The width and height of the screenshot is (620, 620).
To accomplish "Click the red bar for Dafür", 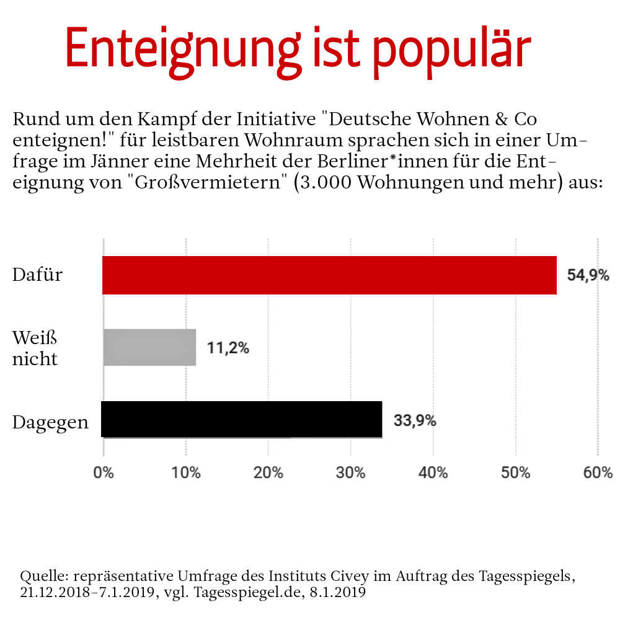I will click(329, 275).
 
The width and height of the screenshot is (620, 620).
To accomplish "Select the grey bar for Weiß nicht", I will click(149, 347).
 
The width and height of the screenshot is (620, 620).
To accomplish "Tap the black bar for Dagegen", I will click(242, 419).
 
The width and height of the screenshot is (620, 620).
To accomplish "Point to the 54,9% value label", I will click(588, 275).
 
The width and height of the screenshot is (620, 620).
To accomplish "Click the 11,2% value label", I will click(228, 348).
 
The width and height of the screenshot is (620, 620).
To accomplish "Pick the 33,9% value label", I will click(415, 420).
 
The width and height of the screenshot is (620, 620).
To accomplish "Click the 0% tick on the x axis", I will click(104, 473).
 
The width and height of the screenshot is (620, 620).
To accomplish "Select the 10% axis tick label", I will click(186, 473).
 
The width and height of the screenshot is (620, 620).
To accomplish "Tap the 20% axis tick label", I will click(268, 473).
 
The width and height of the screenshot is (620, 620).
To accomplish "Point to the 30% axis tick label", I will click(351, 473).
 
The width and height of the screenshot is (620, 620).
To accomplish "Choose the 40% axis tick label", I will click(433, 473).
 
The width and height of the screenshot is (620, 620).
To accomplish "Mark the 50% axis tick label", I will click(516, 473).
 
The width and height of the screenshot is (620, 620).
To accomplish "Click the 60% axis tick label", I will click(598, 473).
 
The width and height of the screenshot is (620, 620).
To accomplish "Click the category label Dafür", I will click(38, 274).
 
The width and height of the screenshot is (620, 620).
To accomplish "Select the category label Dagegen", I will click(50, 423).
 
